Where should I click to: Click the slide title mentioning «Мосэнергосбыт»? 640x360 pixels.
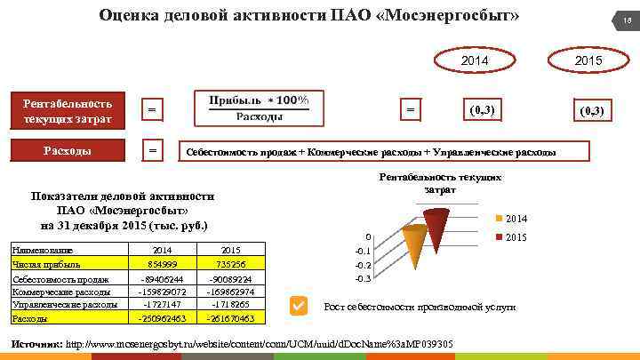click(309, 16)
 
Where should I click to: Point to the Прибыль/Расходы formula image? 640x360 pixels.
click(258, 108)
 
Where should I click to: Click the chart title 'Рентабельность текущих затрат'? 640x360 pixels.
click(440, 184)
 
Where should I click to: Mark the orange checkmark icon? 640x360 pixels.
click(300, 306)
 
